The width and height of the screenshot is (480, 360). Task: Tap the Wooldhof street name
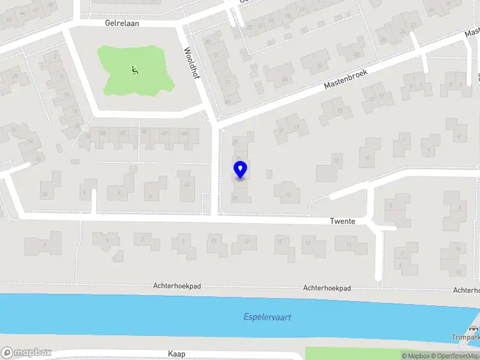click(x=191, y=66)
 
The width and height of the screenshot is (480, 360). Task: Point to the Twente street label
click(x=343, y=221)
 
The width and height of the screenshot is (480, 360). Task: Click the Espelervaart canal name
click(x=267, y=317)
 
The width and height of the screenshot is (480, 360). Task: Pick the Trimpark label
click(x=466, y=337)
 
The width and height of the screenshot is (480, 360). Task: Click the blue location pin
click(x=240, y=169)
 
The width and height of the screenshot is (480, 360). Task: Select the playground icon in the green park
click(x=133, y=70)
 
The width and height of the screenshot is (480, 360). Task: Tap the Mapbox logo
click(x=26, y=353)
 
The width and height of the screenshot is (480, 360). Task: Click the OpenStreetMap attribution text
click(x=455, y=356)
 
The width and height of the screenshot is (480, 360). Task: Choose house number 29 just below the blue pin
click(x=235, y=197)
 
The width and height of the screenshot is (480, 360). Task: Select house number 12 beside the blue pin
click(x=288, y=194)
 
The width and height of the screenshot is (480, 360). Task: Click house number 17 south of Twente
click(x=245, y=242)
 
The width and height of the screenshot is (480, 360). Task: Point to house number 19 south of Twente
click(x=213, y=242)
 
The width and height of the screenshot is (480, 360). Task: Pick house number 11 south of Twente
click(x=347, y=245)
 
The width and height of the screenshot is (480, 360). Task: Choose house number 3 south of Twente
click(x=142, y=239)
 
